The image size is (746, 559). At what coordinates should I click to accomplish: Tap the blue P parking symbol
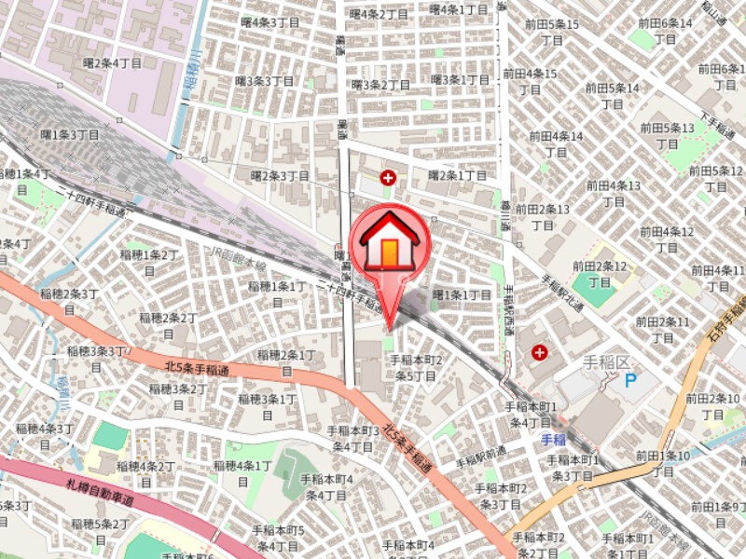click(x=630, y=379)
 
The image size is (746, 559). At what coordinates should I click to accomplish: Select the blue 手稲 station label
click(x=555, y=440)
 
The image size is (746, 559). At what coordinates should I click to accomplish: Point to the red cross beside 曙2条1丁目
click(x=387, y=176)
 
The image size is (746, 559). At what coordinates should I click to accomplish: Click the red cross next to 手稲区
click(x=539, y=353)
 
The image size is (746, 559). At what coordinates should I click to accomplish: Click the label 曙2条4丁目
click(x=112, y=63)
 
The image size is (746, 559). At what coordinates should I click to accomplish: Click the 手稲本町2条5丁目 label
click(x=415, y=367)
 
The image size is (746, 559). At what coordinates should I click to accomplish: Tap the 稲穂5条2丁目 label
click(x=100, y=531)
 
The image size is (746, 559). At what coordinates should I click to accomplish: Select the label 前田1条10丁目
click(x=663, y=463)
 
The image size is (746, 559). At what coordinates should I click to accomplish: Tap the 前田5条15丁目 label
click(x=551, y=32)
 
